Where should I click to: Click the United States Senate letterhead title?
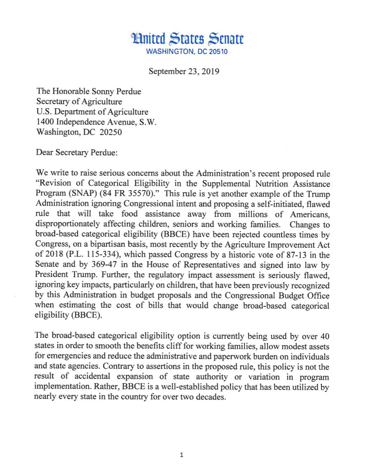(x=187, y=39)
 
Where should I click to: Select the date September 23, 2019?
(x=184, y=71)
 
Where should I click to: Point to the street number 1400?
(x=45, y=122)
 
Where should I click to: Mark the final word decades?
(x=211, y=398)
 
